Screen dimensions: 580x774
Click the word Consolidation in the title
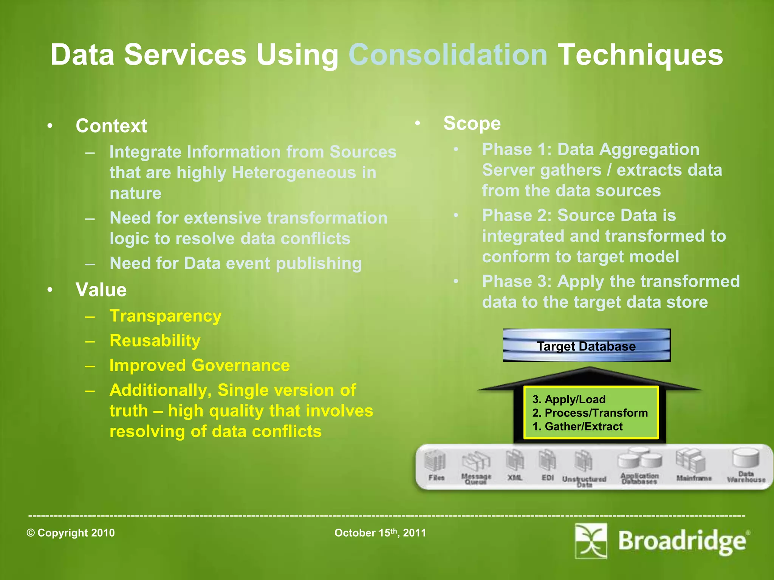[448, 55]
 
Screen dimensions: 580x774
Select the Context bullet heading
[111, 126]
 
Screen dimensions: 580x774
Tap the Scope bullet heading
[472, 123]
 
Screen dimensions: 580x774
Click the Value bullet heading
[101, 290]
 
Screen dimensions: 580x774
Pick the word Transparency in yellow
[165, 316]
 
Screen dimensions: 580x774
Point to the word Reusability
[155, 341]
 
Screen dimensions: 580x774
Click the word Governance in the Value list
[241, 366]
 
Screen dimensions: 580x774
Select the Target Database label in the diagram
[586, 346]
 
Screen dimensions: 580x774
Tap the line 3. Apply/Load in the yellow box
[569, 399]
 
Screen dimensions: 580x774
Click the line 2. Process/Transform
[590, 413]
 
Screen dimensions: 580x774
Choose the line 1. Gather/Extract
[577, 426]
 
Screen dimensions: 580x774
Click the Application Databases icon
[639, 459]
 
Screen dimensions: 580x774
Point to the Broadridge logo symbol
[591, 541]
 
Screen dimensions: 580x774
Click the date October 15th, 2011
[380, 533]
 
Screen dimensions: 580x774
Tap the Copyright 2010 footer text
[71, 533]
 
